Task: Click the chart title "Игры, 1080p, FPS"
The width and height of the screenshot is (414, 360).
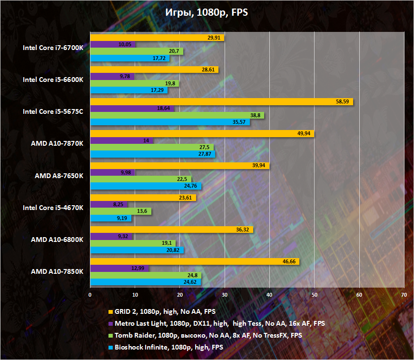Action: (x=207, y=13)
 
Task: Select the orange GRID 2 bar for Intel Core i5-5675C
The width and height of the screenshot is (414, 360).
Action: (x=221, y=101)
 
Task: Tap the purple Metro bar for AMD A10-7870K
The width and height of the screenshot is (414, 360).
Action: (x=121, y=140)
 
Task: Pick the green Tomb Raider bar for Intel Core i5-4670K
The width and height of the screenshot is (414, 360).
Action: (x=120, y=211)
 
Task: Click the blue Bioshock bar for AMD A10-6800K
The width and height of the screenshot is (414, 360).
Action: (x=137, y=250)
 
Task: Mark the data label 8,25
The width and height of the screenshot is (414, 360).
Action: (x=119, y=204)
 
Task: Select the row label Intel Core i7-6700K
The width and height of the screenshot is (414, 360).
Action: (x=53, y=48)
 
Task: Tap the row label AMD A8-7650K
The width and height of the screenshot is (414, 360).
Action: (x=59, y=176)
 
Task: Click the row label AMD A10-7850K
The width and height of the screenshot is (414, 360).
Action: (x=57, y=272)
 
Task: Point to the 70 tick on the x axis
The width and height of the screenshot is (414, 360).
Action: (x=404, y=294)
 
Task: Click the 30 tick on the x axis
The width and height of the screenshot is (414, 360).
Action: (x=225, y=294)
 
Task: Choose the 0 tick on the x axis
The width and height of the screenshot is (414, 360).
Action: (x=90, y=294)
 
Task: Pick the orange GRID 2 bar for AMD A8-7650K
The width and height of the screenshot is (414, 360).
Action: (x=180, y=165)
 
